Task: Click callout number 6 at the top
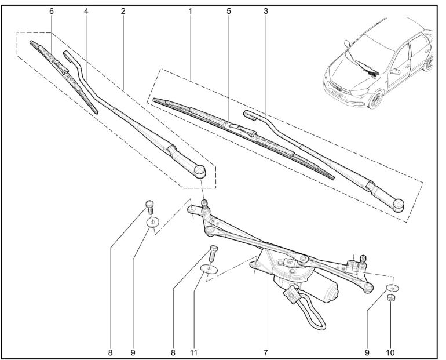tap(52, 12)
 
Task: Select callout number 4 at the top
tap(86, 12)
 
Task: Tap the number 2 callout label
tap(123, 12)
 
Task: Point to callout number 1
tap(190, 12)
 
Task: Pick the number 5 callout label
tap(229, 12)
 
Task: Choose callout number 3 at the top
tap(266, 12)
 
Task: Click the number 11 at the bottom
tap(193, 353)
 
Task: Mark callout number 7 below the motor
tap(265, 353)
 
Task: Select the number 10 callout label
tap(390, 353)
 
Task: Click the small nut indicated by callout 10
tap(392, 298)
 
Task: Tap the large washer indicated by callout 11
tap(209, 268)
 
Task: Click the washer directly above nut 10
tap(393, 288)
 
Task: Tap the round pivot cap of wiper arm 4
tap(199, 172)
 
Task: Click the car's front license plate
tap(336, 93)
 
